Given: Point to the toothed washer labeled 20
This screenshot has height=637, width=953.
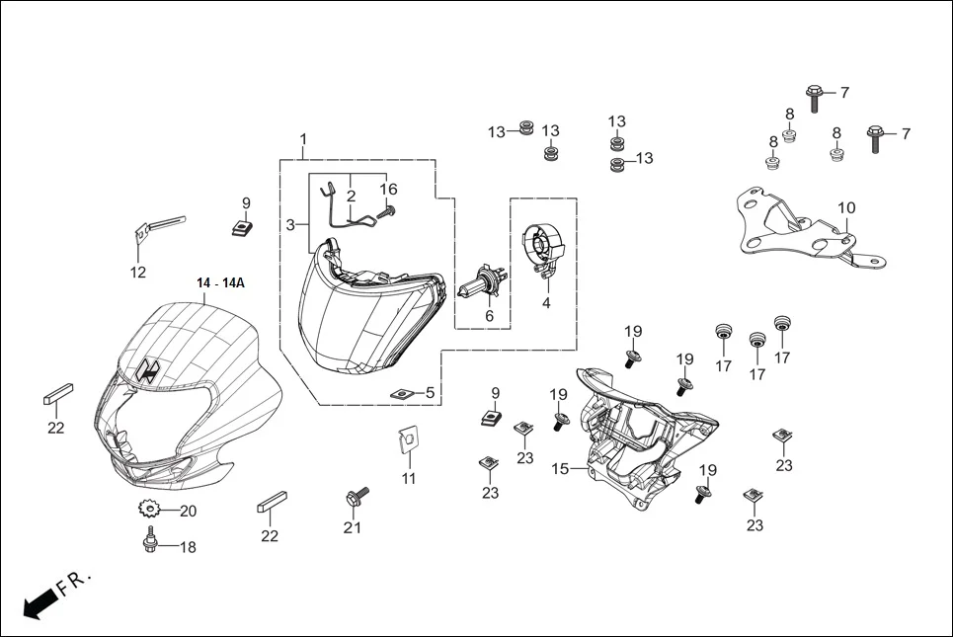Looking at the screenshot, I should point(150,511).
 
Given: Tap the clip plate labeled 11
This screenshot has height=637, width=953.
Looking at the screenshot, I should point(406,440).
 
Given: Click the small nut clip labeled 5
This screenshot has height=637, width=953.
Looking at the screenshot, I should point(400,393).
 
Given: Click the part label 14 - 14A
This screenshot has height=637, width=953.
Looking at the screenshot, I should point(220,283).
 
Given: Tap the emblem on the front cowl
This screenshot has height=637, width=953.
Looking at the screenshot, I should point(149,369).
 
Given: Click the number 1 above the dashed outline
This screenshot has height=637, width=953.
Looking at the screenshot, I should point(303,139).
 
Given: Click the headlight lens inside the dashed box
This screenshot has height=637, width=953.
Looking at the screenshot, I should point(356,326).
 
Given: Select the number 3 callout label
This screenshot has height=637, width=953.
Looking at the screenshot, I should point(290,225).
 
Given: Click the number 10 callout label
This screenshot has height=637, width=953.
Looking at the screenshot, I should point(846,208).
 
